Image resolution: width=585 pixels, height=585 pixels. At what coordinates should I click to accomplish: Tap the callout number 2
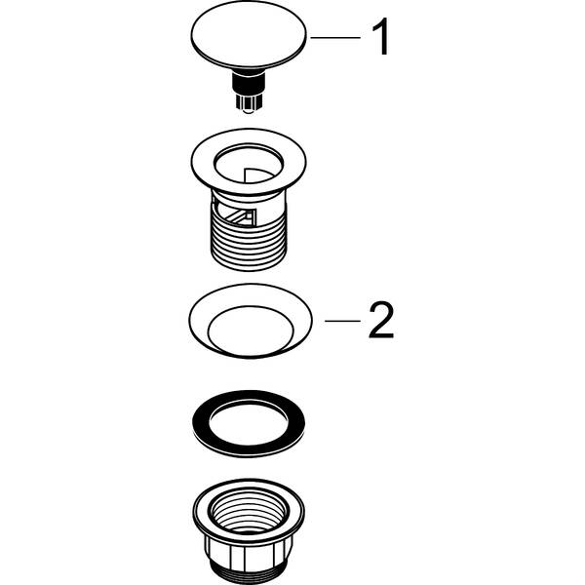pos(380,320)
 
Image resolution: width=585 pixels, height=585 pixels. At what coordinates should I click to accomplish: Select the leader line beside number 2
pos(342,320)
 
